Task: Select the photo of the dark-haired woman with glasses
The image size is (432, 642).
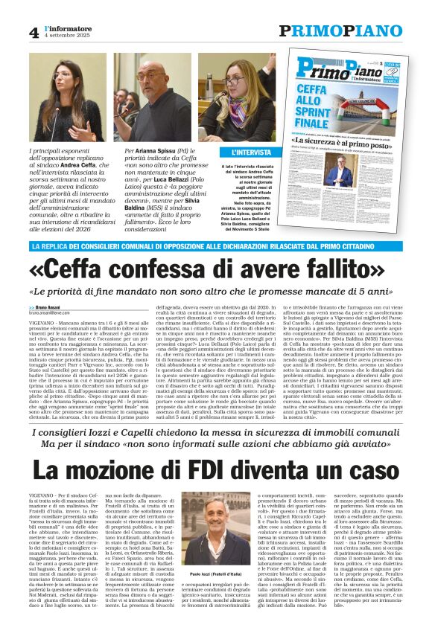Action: coord(72,97)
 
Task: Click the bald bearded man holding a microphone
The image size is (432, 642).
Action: coord(158,97)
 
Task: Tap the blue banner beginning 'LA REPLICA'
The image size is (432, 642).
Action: coord(216,246)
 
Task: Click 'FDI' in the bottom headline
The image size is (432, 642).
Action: coord(231,468)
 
